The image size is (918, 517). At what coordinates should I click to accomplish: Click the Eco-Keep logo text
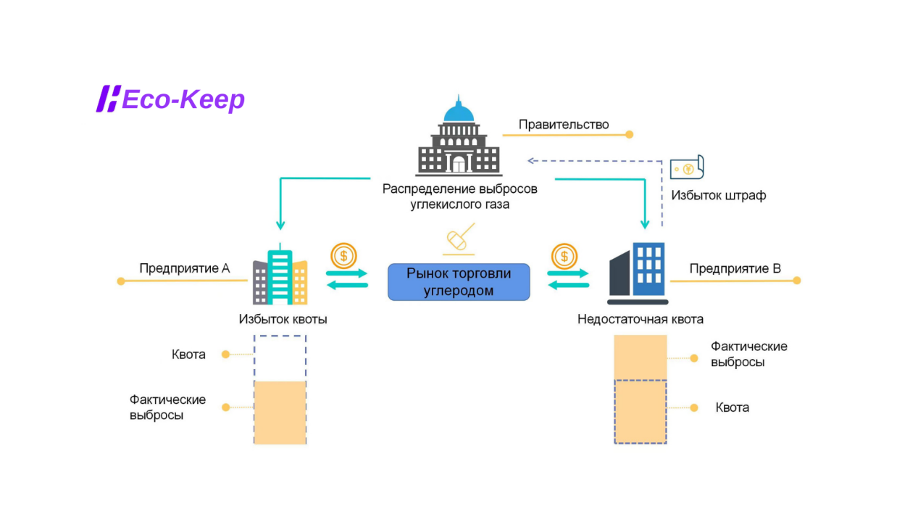(x=183, y=99)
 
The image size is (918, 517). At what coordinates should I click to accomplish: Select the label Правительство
(x=564, y=125)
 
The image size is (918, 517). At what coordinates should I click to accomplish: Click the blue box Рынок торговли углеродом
(x=459, y=282)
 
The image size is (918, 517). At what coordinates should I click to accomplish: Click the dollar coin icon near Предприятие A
(x=343, y=255)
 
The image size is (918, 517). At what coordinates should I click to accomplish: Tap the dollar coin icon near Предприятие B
(x=564, y=255)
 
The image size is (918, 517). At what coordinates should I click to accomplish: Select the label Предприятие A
(x=184, y=268)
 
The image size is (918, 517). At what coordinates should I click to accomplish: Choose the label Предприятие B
(x=735, y=268)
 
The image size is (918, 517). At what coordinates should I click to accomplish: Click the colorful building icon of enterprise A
(x=280, y=278)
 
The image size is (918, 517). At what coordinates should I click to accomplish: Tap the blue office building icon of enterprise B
(x=638, y=273)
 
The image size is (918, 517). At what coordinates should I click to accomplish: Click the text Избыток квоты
(x=283, y=319)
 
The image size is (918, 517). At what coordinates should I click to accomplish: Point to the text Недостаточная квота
(x=640, y=319)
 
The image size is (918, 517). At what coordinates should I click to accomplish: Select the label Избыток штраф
(x=718, y=196)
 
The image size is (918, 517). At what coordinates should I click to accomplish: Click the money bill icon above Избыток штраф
(x=687, y=168)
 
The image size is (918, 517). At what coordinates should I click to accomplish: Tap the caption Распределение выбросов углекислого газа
(x=460, y=197)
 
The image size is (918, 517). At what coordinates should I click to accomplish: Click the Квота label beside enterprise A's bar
(x=188, y=355)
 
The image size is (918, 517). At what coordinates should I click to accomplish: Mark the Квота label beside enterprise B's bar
(x=732, y=408)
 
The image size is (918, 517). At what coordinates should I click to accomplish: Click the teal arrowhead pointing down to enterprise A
(x=280, y=226)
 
